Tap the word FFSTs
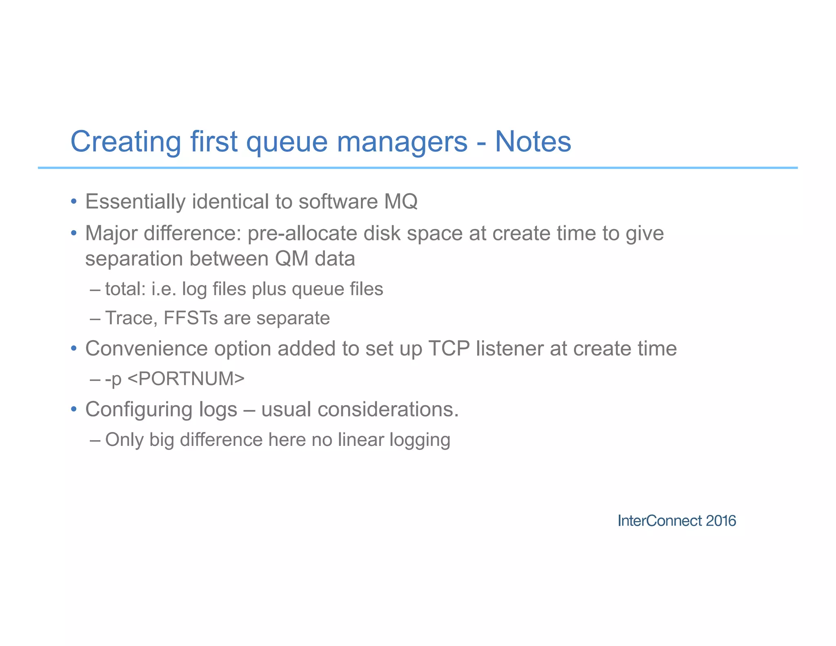tap(191, 318)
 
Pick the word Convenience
tap(146, 348)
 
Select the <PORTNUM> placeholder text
tap(186, 378)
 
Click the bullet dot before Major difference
tap(73, 233)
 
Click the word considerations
tap(388, 409)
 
